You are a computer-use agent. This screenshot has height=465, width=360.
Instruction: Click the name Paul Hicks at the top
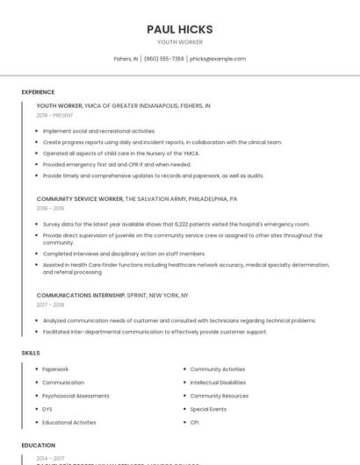coord(179,29)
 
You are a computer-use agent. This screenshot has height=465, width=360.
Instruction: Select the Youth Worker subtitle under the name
coord(179,42)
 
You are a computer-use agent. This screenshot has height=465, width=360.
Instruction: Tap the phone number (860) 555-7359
coord(163,59)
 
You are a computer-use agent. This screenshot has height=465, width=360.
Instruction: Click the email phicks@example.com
coord(218,59)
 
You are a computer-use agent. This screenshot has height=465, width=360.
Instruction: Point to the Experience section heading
coord(38,92)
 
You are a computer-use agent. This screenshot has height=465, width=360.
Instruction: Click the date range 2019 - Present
coord(54,115)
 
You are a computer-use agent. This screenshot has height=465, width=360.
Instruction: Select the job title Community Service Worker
coord(80,199)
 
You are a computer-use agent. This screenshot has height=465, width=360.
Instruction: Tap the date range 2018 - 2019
coord(50,209)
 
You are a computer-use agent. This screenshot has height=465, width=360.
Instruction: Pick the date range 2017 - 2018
coord(50,305)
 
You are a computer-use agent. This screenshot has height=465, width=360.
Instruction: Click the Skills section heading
coord(31,353)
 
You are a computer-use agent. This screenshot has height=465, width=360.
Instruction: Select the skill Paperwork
coord(55,369)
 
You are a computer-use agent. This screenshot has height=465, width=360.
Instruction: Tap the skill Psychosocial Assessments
coord(76,396)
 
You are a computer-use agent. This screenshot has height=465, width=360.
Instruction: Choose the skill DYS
coord(47,409)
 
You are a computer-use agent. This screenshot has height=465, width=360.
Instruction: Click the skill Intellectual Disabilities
coord(218,383)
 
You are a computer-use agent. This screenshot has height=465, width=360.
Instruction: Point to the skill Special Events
coord(208,409)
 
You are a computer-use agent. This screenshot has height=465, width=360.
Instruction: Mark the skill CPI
coord(194,422)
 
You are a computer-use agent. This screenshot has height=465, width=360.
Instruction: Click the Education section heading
coord(39,446)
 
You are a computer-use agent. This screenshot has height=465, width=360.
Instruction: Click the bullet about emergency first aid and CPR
coord(116,164)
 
